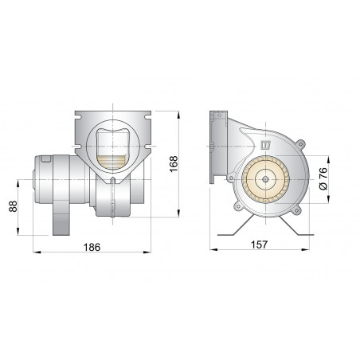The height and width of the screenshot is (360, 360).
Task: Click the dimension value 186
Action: pos(92,248)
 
